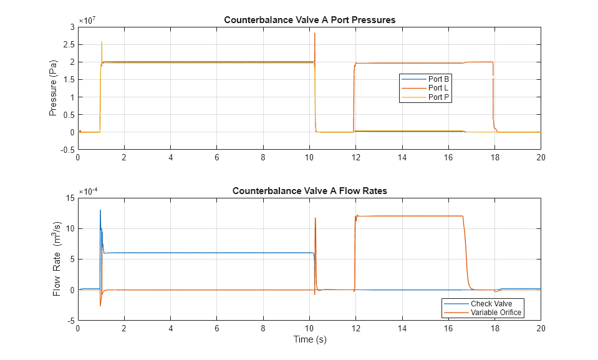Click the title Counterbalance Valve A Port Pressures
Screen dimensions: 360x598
point(309,20)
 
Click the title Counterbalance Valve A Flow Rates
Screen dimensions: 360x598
point(309,191)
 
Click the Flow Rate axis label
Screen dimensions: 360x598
point(55,259)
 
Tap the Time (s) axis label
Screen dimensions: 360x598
point(309,340)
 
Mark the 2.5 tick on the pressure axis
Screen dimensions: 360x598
point(68,44)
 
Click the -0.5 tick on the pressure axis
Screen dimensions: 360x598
point(67,150)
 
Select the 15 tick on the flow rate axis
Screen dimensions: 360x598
point(70,198)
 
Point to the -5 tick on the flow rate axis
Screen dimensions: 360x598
point(70,321)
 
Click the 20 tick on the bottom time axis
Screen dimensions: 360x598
point(541,328)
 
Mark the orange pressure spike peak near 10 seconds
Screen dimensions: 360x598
point(315,33)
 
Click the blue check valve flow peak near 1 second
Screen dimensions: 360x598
point(100,210)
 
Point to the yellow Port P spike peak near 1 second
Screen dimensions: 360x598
point(102,42)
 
